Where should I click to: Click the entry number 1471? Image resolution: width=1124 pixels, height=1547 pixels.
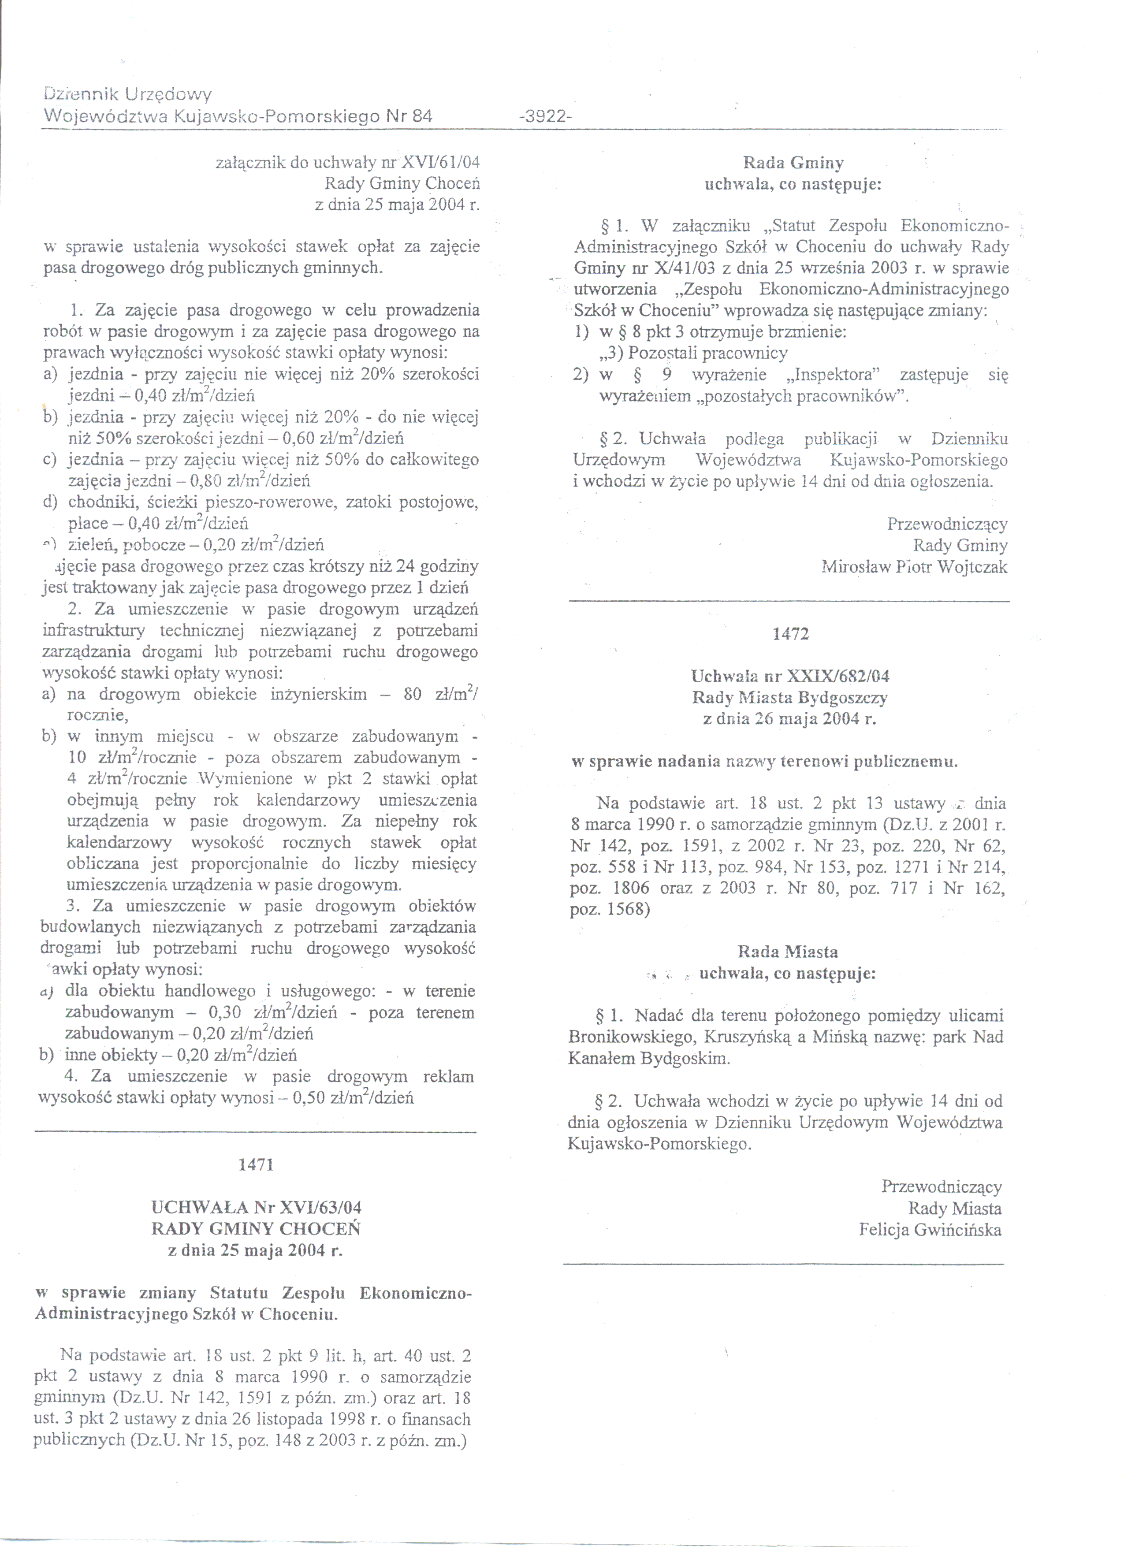tap(256, 1164)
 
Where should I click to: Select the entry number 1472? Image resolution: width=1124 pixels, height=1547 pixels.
tap(790, 634)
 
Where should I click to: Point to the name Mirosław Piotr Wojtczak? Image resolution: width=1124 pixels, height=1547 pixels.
tap(914, 567)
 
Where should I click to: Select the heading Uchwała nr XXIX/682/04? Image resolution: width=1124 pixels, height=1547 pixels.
tap(790, 676)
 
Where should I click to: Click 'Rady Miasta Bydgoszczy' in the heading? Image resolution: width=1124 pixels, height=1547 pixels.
tap(790, 697)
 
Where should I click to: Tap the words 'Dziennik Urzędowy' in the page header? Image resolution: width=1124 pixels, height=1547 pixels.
tap(127, 94)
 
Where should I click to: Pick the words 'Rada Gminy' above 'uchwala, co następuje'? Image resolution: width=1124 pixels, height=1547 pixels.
tap(793, 163)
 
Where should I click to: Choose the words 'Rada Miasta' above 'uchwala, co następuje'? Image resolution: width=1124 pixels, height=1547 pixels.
tap(788, 952)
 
